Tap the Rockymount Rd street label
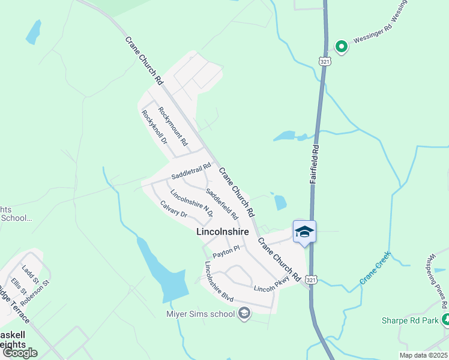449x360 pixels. [x=173, y=127]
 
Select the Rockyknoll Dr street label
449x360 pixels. [x=154, y=127]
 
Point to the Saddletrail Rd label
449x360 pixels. [x=191, y=172]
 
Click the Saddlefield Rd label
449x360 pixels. [x=222, y=204]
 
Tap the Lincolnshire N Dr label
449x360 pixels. [x=191, y=204]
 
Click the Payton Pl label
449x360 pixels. [x=226, y=251]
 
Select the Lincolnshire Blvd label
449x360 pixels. [x=218, y=281]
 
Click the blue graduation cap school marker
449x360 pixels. [x=304, y=232]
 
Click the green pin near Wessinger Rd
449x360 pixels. [x=342, y=46]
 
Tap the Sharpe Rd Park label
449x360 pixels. [x=409, y=320]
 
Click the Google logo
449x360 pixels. [x=20, y=353]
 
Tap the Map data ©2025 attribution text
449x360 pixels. [x=423, y=355]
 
